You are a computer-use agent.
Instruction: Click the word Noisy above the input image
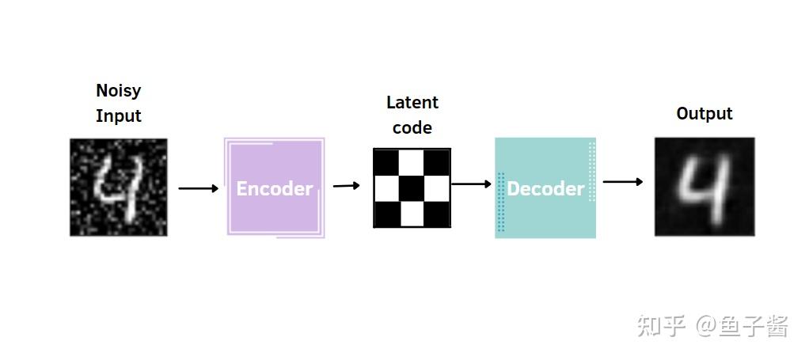[x=119, y=91]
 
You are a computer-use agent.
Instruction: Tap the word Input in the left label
[x=119, y=116]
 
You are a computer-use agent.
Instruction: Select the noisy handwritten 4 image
[x=119, y=188]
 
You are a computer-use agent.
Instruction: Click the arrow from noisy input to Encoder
[x=198, y=188]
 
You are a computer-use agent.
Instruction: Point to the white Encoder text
[x=275, y=189]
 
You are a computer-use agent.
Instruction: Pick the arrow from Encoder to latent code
[x=346, y=186]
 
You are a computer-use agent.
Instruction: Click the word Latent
[x=412, y=103]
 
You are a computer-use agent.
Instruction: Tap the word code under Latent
[x=412, y=127]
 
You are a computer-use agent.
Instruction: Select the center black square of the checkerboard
[x=412, y=188]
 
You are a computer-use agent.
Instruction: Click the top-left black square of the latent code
[x=386, y=161]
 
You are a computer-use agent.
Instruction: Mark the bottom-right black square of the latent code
[x=438, y=214]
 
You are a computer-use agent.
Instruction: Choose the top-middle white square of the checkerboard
[x=412, y=161]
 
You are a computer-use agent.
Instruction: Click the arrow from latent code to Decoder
[x=471, y=184]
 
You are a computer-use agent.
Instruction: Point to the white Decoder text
[x=545, y=189]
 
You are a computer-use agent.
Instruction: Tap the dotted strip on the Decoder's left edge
[x=500, y=203]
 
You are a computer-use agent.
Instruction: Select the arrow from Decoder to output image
[x=622, y=182]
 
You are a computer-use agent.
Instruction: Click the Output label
[x=704, y=114]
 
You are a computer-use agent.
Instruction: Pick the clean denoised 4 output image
[x=704, y=187]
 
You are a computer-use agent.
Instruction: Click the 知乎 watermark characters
[x=662, y=326]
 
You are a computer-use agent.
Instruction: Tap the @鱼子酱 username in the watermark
[x=742, y=326]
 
